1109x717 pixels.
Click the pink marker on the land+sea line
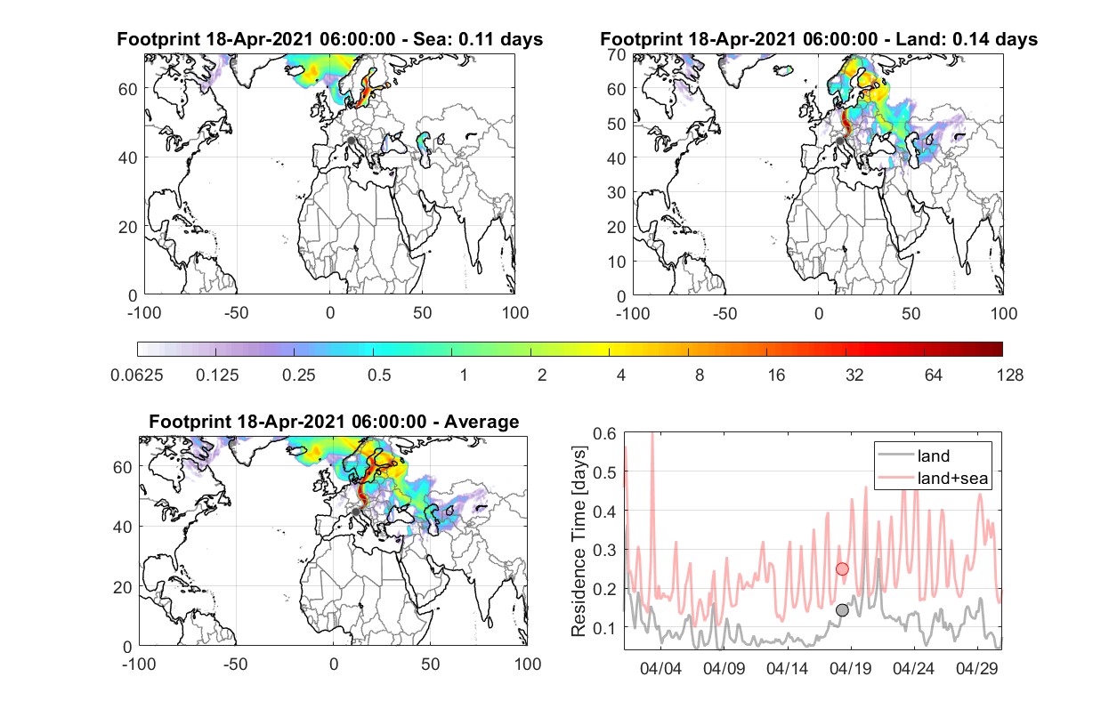pos(842,569)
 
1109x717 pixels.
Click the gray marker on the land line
pos(842,610)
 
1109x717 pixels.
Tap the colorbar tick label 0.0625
pos(137,375)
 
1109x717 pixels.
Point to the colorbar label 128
pos(1010,375)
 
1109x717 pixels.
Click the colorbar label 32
pos(854,375)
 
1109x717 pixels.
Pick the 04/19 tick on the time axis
pos(851,669)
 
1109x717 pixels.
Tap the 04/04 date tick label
pos(661,669)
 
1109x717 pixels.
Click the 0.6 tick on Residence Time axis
pos(605,433)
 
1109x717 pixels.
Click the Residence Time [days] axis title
pos(579,542)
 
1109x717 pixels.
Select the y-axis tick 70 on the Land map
pos(617,54)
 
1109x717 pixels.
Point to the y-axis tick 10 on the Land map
pos(617,262)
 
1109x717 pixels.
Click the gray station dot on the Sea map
pos(351,141)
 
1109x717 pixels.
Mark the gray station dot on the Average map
pos(355,512)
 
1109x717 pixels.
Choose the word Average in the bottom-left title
pos(482,422)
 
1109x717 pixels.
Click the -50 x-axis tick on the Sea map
pos(236,313)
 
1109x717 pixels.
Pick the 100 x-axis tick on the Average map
pos(528,664)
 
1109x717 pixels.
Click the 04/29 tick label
pos(976,669)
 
